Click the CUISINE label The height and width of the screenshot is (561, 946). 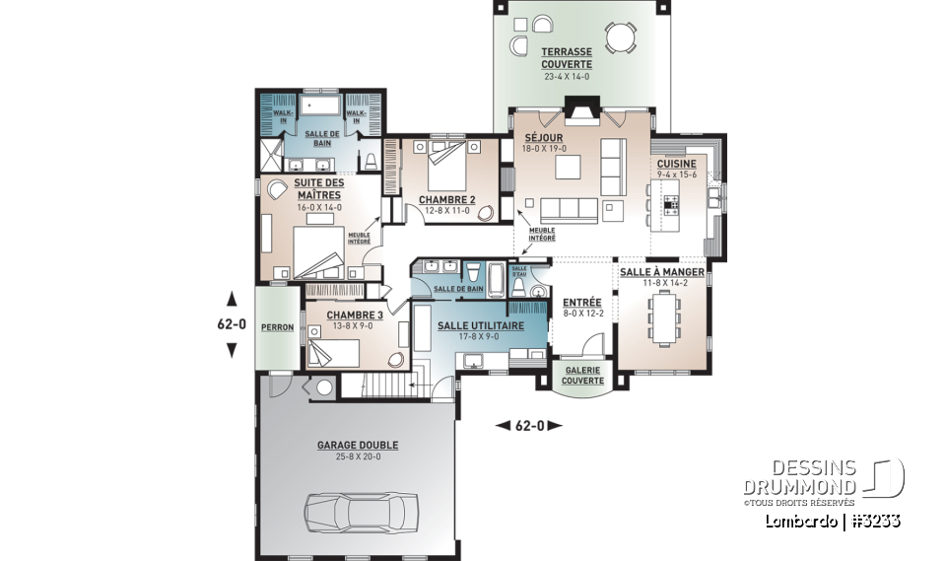pos(677,164)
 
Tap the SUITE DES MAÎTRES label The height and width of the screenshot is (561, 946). pos(317,189)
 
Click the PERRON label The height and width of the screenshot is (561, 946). pos(278,326)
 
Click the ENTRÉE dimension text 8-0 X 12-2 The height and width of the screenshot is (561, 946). pos(582,314)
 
